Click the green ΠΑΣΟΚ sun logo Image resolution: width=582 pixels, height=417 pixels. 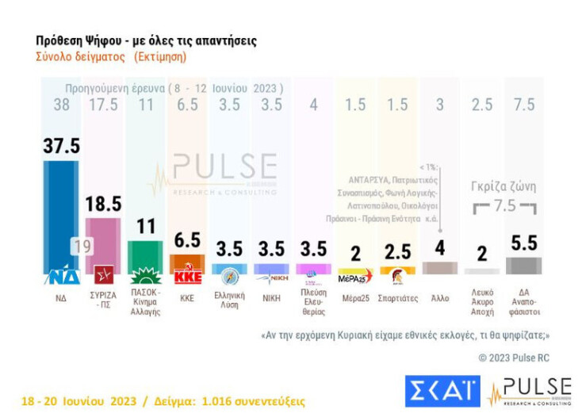point(145,276)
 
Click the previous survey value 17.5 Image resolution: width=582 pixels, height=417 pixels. point(102,105)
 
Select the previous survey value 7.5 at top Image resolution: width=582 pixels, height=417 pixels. point(524,105)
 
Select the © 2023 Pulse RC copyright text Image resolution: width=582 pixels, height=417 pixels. point(513,358)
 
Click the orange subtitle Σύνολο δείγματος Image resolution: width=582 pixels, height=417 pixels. point(81,57)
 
